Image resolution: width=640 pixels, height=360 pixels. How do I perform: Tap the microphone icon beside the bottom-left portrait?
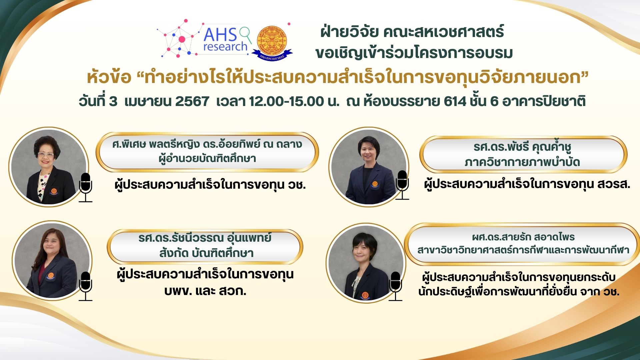(86, 286)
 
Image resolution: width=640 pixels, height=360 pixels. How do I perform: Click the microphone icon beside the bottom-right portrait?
(396, 286)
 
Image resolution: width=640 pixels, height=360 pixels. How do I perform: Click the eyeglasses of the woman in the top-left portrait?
(46, 155)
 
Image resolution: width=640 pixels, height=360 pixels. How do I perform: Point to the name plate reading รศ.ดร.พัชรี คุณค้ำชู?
(523, 154)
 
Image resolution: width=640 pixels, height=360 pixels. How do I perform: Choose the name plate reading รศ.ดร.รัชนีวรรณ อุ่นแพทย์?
(205, 246)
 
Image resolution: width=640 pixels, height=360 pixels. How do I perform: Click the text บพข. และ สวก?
(205, 291)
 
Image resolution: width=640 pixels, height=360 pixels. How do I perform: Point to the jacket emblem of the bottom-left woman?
(51, 276)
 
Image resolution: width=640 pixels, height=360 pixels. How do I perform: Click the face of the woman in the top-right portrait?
(368, 152)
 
